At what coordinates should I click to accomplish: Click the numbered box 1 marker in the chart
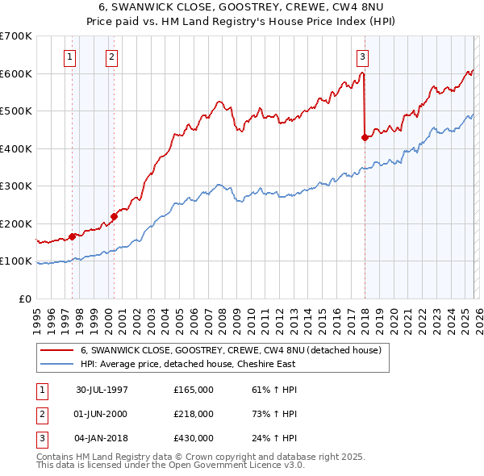click(x=71, y=56)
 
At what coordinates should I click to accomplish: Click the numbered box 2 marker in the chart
click(x=111, y=56)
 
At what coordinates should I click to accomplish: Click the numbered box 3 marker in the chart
click(x=363, y=56)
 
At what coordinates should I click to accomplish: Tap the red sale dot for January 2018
click(x=365, y=137)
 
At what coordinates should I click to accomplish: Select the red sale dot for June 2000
click(x=114, y=216)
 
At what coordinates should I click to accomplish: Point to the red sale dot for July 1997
click(x=73, y=236)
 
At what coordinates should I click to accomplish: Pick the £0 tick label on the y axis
click(x=24, y=299)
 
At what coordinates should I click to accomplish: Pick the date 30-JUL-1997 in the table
click(x=102, y=390)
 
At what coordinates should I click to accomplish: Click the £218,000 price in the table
click(x=194, y=414)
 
